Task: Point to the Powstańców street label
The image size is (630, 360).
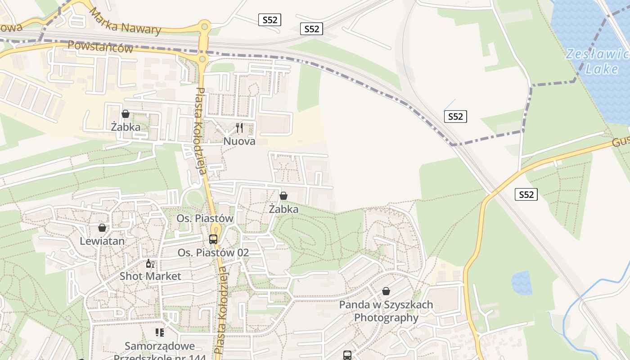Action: point(100,47)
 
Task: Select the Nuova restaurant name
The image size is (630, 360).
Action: point(239,141)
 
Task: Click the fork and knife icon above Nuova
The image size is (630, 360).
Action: point(239,128)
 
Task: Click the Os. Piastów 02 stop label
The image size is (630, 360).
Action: point(213,252)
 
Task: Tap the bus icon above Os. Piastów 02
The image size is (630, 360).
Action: point(213,239)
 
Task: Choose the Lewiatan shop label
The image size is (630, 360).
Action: point(102,241)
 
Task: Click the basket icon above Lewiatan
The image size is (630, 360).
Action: point(102,228)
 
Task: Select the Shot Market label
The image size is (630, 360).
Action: point(150,276)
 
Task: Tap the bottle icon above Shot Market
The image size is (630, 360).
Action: point(150,263)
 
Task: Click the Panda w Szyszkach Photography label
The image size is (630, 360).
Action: point(386,311)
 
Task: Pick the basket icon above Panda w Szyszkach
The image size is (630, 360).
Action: point(386,291)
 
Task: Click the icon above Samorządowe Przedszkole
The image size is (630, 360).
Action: point(160,333)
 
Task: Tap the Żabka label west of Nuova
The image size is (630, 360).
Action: point(126,127)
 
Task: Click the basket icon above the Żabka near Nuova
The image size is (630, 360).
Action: point(126,114)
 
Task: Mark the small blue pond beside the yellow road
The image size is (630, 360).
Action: point(522,283)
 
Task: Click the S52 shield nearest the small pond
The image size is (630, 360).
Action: point(526,194)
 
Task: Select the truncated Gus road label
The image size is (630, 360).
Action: point(621,142)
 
